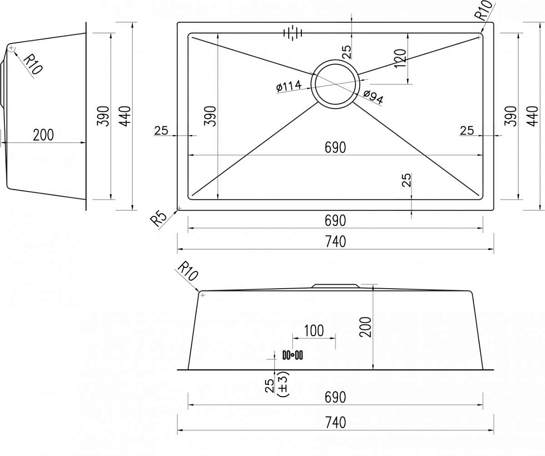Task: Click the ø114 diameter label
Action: (x=289, y=87)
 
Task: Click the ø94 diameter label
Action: (x=373, y=97)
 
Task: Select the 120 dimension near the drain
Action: (x=401, y=58)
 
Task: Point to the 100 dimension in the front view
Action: (x=314, y=330)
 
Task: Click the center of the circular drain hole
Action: (x=335, y=84)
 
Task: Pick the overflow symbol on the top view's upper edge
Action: (x=293, y=33)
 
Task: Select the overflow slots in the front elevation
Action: (x=293, y=355)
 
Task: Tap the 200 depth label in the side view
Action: (x=44, y=135)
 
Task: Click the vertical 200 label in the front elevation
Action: (x=366, y=327)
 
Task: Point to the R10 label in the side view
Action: (x=33, y=64)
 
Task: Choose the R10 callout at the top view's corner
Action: (x=484, y=10)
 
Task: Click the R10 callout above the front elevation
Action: (x=188, y=271)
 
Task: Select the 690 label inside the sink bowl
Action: (x=335, y=148)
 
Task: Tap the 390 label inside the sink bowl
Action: (x=211, y=116)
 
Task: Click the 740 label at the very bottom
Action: (x=335, y=422)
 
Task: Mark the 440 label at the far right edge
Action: (x=533, y=116)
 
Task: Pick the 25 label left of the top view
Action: (x=161, y=131)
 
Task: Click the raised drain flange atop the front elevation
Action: (x=335, y=286)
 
